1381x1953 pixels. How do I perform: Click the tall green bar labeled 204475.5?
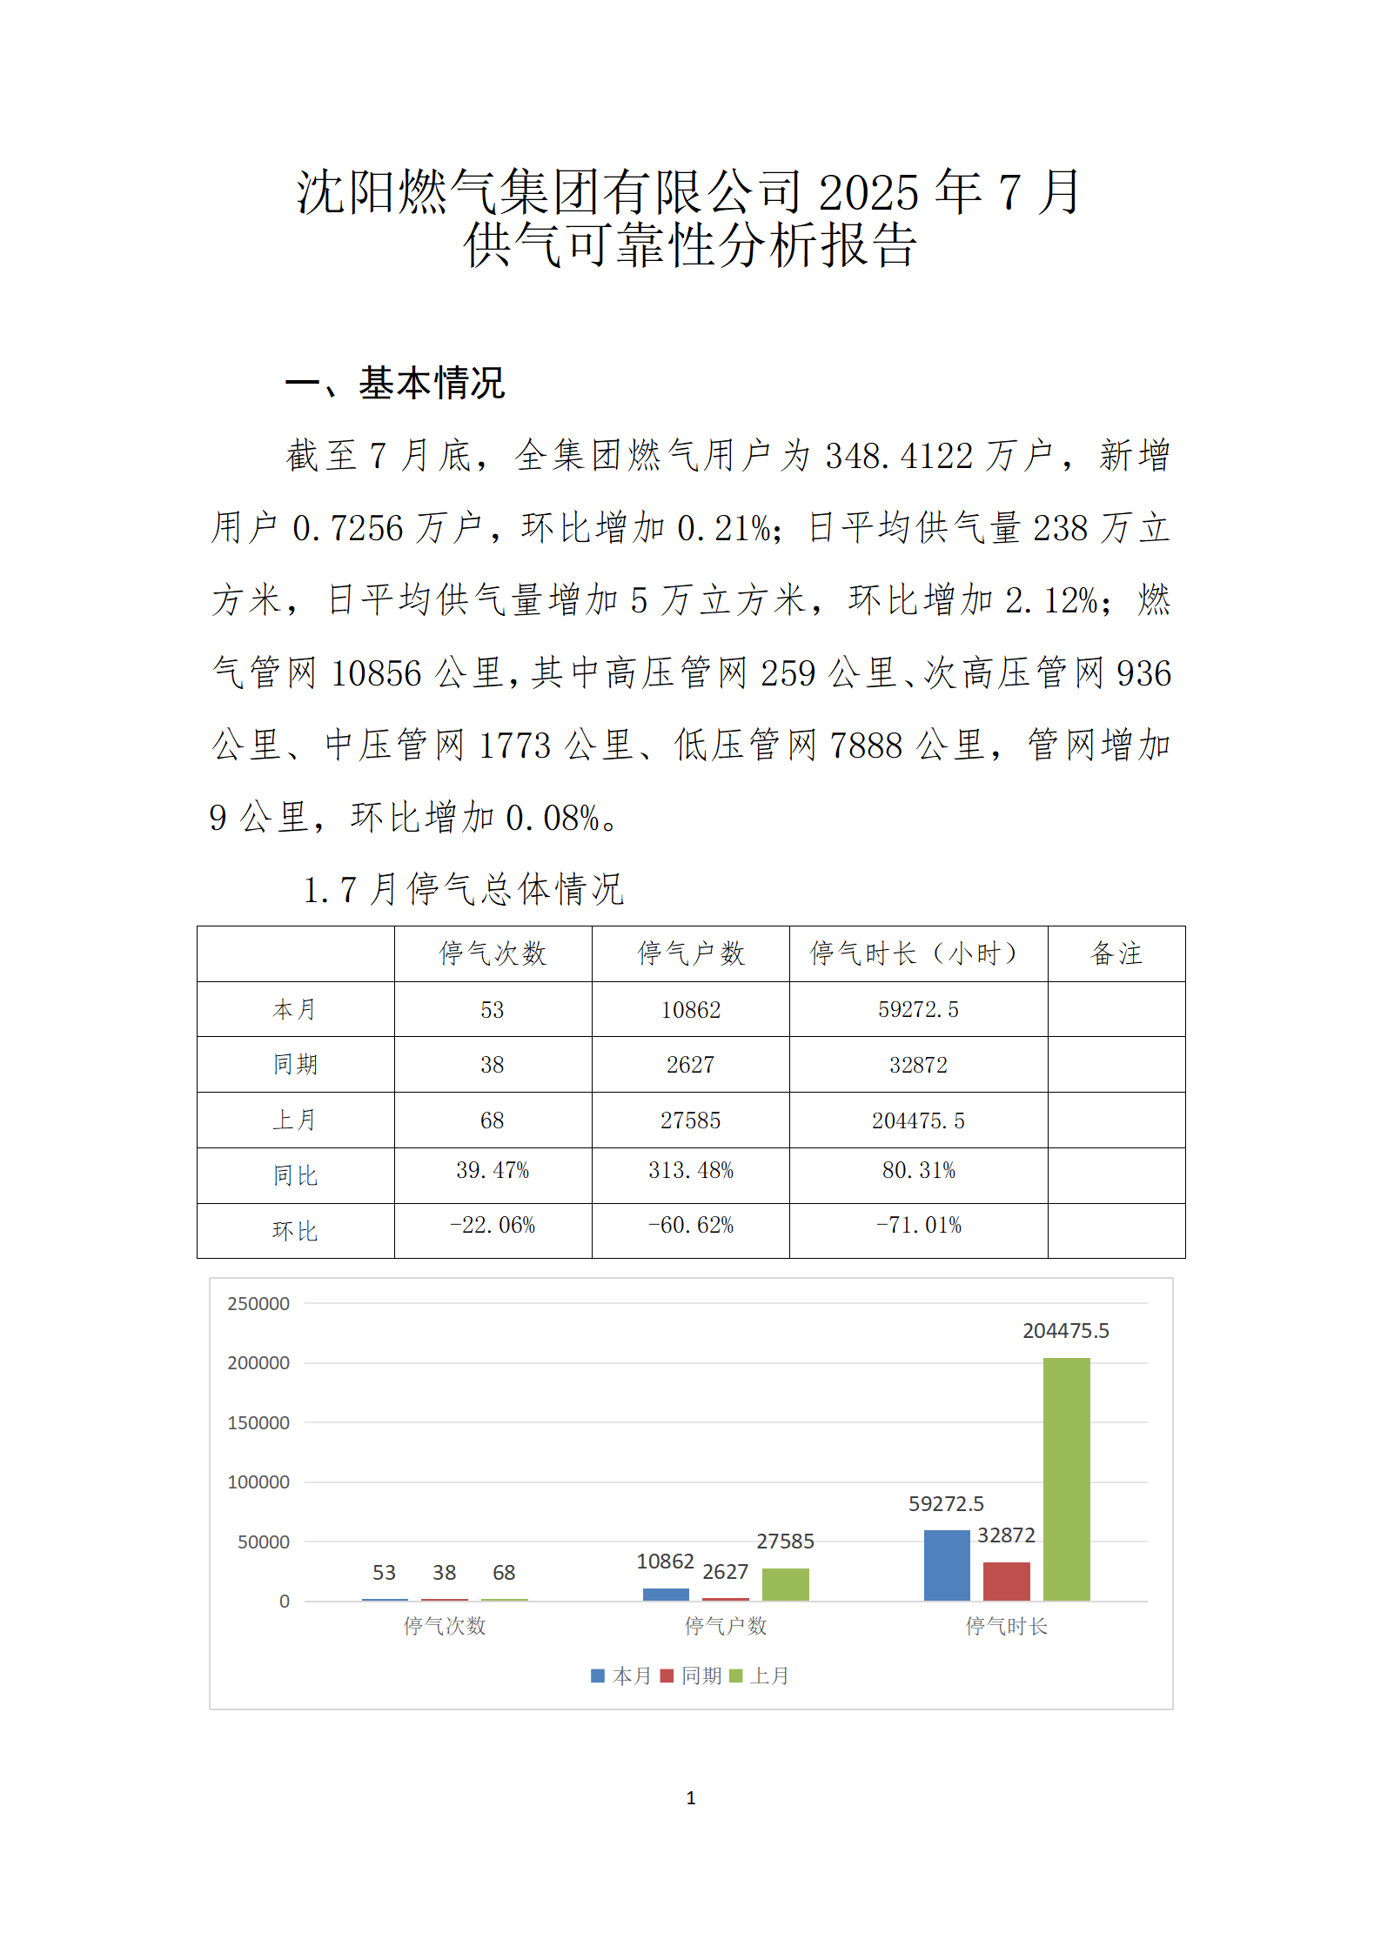coord(1066,1479)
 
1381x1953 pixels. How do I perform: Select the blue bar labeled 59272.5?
coord(946,1565)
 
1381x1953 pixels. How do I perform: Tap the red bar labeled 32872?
coord(1006,1581)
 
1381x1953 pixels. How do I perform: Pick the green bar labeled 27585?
coord(785,1584)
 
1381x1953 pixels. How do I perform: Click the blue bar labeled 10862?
coord(666,1594)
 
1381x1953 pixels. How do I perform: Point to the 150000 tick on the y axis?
coord(258,1423)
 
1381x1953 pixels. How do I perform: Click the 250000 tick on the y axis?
coord(258,1304)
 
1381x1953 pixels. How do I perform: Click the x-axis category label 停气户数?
coord(725,1626)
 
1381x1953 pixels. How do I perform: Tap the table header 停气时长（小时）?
coord(917,953)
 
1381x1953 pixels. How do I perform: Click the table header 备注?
coord(1116,953)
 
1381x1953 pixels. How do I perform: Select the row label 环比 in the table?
coord(295,1231)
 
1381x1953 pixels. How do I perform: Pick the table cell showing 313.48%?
coord(690,1171)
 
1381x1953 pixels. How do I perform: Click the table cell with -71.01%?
coord(918,1226)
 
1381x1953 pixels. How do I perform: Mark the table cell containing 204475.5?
coord(918,1120)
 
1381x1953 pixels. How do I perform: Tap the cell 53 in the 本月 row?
coord(492,1010)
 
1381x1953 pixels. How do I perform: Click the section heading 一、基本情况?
coord(395,384)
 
